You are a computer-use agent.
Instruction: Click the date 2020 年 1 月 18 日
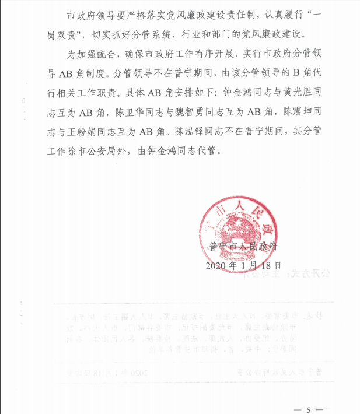pos(244,265)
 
